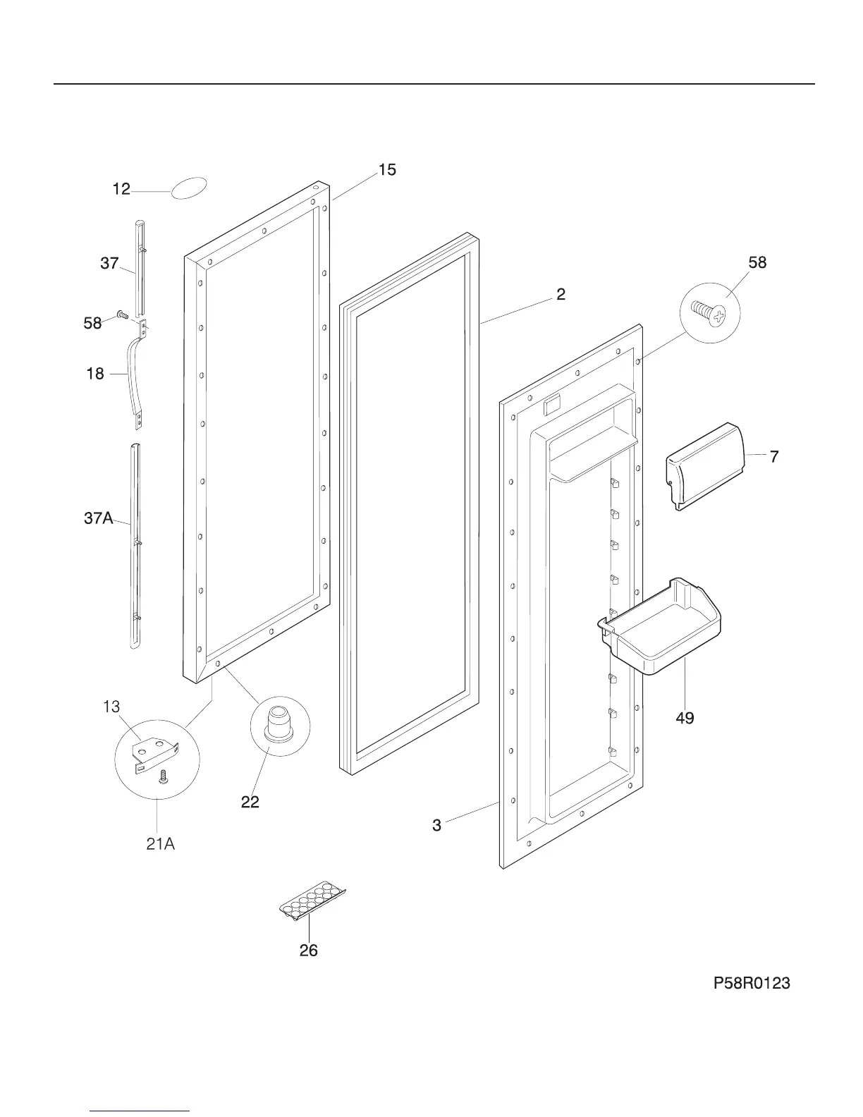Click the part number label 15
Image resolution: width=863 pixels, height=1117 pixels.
click(387, 170)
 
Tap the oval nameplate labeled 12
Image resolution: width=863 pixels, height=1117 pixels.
click(189, 188)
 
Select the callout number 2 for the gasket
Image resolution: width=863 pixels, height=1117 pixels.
click(561, 294)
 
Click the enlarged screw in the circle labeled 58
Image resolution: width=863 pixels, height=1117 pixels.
click(709, 313)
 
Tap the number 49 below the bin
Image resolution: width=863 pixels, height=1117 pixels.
click(685, 718)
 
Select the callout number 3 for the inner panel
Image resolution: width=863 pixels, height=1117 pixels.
click(437, 824)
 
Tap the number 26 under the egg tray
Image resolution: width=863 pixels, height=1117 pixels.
click(308, 951)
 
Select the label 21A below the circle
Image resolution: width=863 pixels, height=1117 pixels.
click(160, 843)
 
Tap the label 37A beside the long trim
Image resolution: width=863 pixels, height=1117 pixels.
click(99, 519)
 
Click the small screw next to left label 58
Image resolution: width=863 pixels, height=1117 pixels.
click(121, 315)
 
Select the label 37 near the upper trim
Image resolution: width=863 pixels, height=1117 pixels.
click(109, 264)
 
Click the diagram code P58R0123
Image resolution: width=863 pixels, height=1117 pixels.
click(752, 982)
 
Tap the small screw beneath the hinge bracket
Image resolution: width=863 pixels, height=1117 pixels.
click(164, 777)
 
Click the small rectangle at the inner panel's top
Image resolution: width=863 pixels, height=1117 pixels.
click(552, 405)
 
